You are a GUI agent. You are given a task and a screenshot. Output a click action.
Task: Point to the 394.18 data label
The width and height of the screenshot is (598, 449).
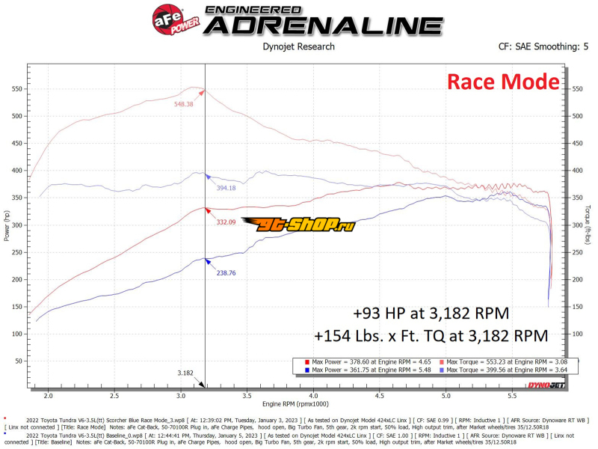click(226, 188)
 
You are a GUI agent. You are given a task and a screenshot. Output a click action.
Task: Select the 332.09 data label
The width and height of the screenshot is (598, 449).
click(226, 222)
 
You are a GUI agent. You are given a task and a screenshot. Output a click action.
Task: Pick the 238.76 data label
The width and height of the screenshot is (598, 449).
click(226, 273)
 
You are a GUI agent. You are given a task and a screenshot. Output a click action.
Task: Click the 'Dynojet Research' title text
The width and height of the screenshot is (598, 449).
click(299, 46)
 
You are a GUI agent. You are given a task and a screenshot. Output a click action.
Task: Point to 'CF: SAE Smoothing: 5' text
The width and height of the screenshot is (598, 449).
click(539, 46)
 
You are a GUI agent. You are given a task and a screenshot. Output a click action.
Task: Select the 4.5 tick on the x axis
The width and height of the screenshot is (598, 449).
click(380, 395)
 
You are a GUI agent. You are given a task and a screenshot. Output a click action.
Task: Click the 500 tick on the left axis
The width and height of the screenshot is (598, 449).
click(16, 116)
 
